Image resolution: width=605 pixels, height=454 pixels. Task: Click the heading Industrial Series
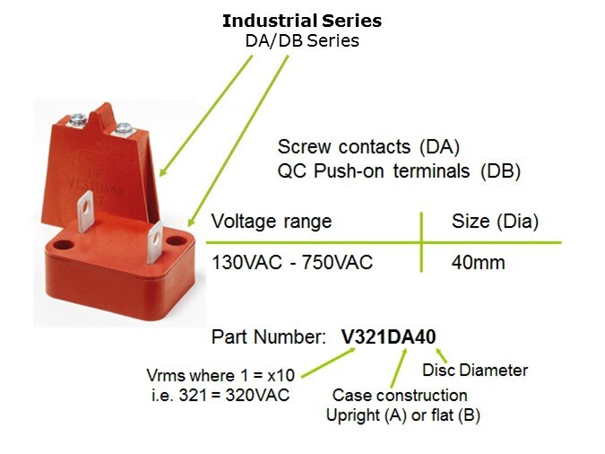click(302, 21)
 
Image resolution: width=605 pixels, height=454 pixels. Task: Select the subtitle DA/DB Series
click(302, 41)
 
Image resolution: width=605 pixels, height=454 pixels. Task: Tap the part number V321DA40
click(388, 337)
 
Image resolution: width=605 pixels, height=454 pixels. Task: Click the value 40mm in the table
click(478, 263)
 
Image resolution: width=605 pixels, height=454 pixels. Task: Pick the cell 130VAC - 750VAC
click(292, 263)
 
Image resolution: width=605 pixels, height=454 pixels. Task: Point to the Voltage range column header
click(272, 222)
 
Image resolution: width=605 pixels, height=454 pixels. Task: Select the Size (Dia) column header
click(495, 222)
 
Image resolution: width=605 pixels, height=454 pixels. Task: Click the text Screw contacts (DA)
click(368, 147)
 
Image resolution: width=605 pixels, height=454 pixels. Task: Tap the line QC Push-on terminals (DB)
click(399, 171)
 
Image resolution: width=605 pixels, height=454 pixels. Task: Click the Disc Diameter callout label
click(475, 371)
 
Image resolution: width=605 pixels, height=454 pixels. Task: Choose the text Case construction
click(400, 396)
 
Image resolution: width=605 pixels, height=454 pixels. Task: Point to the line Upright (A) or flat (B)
click(403, 415)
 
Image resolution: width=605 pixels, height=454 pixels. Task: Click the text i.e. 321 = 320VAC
click(220, 396)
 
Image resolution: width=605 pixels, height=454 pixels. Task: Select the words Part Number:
click(266, 337)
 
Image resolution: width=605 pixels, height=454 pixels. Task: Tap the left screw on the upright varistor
click(78, 118)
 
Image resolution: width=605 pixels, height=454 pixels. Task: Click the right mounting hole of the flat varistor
click(176, 241)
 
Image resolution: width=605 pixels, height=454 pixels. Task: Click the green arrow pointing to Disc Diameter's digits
click(441, 355)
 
